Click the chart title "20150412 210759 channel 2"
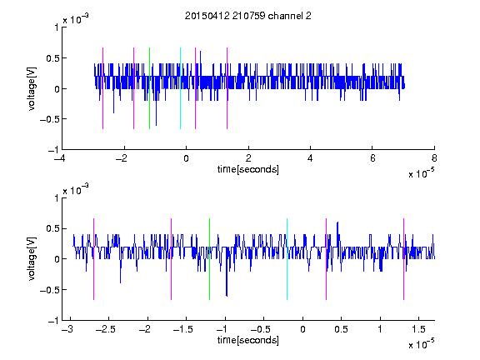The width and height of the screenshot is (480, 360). coord(248,16)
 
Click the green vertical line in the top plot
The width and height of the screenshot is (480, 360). coord(149,88)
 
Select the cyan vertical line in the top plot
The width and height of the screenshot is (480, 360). coord(180,88)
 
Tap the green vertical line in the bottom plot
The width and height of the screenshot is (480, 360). coord(209,259)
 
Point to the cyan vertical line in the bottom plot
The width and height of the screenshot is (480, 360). coord(287,259)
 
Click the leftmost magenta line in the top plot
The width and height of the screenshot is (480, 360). coord(102,88)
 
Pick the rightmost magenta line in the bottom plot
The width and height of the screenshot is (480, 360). coord(403,259)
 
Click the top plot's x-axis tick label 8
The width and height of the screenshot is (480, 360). coord(434,158)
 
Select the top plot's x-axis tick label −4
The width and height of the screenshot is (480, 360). coord(59,158)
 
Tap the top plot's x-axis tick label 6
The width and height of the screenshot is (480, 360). coord(372,158)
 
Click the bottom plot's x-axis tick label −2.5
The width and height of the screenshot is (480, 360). coord(106,329)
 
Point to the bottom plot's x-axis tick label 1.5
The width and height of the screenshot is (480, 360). coord(418,329)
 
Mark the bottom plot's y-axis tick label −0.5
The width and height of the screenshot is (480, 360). coord(49,290)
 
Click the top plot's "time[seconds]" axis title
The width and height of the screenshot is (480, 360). coord(248,169)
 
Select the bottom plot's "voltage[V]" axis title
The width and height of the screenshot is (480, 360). coord(32,259)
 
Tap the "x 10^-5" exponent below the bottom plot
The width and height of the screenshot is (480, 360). coord(421,344)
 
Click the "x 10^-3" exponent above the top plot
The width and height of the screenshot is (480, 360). coord(76,20)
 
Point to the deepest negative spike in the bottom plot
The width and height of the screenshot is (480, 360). coord(227,295)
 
